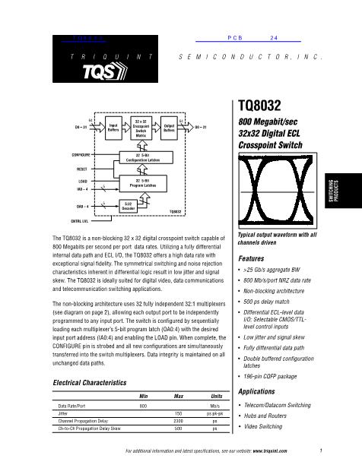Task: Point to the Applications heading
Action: (x=257, y=391)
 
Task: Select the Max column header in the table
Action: (x=179, y=397)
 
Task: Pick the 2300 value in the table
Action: (x=179, y=420)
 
